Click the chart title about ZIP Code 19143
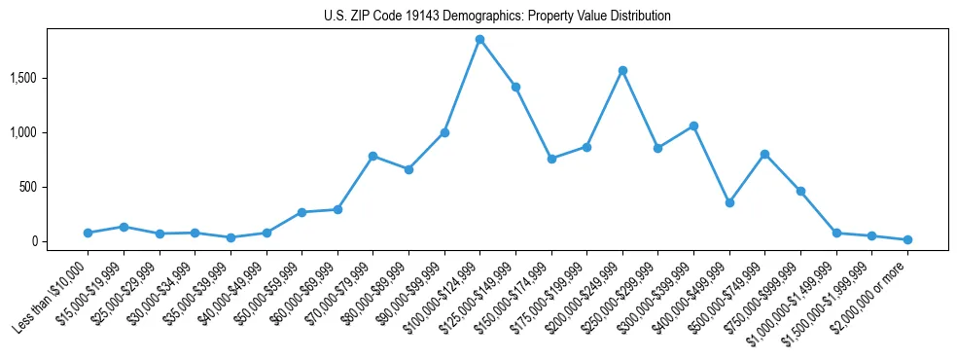497,16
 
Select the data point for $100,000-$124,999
479,39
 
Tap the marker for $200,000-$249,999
622,70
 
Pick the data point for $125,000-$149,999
515,87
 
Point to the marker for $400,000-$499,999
729,202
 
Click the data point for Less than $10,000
88,233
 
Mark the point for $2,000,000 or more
907,239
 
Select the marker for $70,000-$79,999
372,156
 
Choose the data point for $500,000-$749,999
764,154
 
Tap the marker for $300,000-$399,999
693,126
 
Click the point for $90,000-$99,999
444,132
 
